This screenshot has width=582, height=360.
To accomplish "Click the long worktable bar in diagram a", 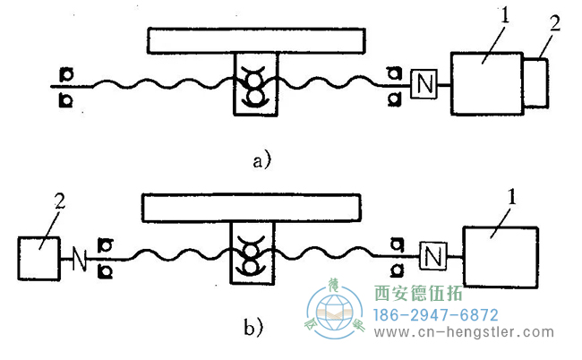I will pos(257,40).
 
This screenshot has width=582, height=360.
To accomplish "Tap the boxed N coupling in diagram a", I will pos(422,85).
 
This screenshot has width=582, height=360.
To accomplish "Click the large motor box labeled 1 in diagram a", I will pos(486,83).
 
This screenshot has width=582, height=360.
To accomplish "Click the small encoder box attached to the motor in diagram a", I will pos(535,83).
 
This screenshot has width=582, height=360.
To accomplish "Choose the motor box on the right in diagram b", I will pos(500,257).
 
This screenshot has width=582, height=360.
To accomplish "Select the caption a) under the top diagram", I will pos(261,161).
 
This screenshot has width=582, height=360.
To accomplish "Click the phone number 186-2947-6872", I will pos(433,315).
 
